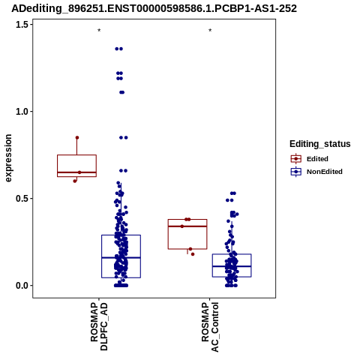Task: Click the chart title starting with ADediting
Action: pyautogui.click(x=154, y=8)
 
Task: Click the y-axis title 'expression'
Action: pyautogui.click(x=8, y=158)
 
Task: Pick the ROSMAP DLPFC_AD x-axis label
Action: pyautogui.click(x=99, y=326)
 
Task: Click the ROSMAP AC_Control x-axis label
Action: pyautogui.click(x=210, y=327)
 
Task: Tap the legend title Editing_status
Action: pyautogui.click(x=320, y=144)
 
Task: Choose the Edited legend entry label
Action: pyautogui.click(x=317, y=159)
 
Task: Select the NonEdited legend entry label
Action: pyautogui.click(x=325, y=172)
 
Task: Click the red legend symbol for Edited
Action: pyautogui.click(x=296, y=159)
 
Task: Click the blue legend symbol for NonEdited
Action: pyautogui.click(x=296, y=172)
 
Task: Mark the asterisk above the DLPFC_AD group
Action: pyautogui.click(x=99, y=31)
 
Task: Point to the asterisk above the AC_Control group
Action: pyautogui.click(x=210, y=31)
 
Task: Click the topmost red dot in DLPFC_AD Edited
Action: pyautogui.click(x=77, y=138)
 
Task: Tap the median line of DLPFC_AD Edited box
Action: pyautogui.click(x=76, y=172)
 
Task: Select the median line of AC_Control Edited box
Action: pyautogui.click(x=187, y=226)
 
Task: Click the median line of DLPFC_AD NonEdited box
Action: pyautogui.click(x=121, y=257)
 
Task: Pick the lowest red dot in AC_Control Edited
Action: pyautogui.click(x=193, y=254)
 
